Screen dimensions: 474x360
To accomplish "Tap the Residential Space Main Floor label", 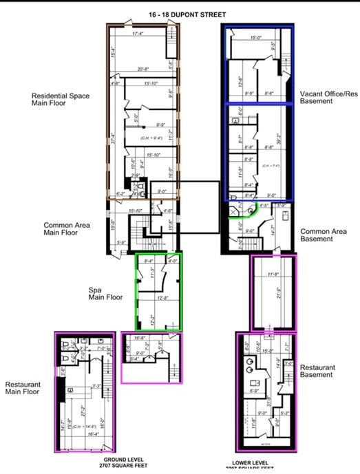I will [x=61, y=100].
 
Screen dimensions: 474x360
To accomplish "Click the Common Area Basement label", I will [x=326, y=235].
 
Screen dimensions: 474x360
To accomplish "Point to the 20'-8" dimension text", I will [x=143, y=69].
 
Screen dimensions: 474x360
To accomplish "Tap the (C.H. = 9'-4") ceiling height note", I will [x=150, y=138].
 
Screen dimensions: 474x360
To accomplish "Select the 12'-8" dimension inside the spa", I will [x=164, y=298].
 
